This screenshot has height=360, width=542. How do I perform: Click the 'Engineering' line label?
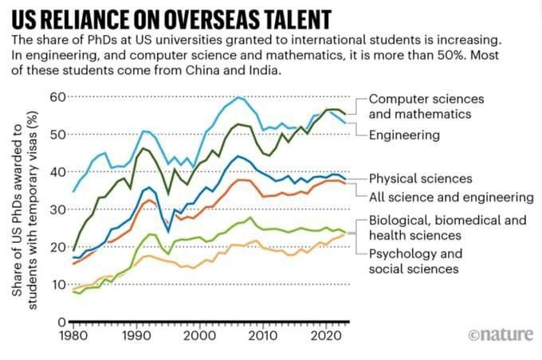pos(404,135)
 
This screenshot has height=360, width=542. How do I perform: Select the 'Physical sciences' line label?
pos(420,178)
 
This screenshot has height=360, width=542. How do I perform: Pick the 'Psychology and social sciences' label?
pos(414,261)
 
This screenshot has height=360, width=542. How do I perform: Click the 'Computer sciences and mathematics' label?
pos(426,106)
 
